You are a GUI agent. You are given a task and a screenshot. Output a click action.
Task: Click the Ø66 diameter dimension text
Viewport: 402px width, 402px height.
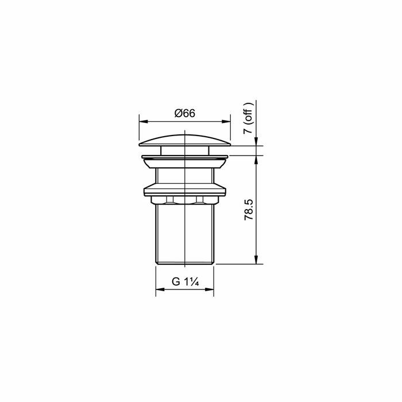pyautogui.click(x=185, y=114)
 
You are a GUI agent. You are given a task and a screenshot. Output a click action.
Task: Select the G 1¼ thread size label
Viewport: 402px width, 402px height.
pyautogui.click(x=185, y=282)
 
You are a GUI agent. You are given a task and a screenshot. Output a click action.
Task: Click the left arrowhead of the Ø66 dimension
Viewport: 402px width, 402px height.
pyautogui.click(x=142, y=121)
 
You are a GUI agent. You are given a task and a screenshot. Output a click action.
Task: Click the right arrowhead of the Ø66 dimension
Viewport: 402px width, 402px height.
pyautogui.click(x=227, y=121)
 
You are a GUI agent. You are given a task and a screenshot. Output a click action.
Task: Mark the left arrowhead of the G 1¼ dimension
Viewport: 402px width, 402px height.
pyautogui.click(x=159, y=289)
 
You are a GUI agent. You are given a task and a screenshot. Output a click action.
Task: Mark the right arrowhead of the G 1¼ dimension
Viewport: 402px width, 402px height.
pyautogui.click(x=210, y=289)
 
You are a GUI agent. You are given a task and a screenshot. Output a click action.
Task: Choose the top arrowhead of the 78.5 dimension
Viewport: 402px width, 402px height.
pyautogui.click(x=256, y=159)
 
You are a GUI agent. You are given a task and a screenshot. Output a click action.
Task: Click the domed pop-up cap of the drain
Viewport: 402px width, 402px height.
pyautogui.click(x=184, y=138)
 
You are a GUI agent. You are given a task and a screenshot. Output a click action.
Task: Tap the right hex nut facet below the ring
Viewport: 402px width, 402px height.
pyautogui.click(x=199, y=200)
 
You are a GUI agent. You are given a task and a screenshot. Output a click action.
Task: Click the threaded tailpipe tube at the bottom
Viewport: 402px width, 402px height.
pyautogui.click(x=184, y=235)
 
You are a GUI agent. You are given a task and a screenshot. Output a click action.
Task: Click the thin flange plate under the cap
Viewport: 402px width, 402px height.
pyautogui.click(x=184, y=156)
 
